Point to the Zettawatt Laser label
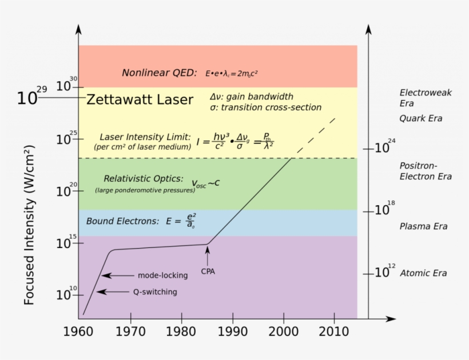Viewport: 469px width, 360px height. coord(140,100)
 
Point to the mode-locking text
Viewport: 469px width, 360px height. coord(162,275)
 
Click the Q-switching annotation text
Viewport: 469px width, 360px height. coord(155,292)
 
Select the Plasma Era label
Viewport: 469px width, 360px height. coord(423,226)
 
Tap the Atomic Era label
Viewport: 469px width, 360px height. coord(423,273)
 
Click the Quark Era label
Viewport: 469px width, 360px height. coord(421,119)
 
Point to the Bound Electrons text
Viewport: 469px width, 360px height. coord(122,221)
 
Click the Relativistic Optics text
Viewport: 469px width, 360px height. coord(144,179)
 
